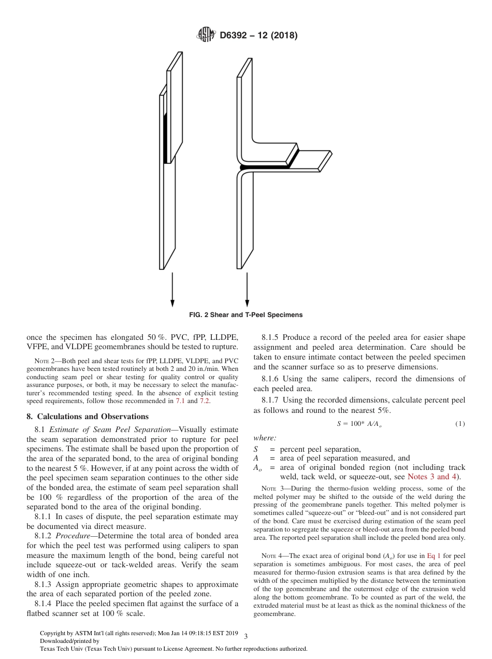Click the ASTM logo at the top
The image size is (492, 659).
point(207,35)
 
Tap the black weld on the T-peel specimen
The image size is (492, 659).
point(264,167)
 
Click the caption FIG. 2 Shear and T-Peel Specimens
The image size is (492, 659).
point(246,315)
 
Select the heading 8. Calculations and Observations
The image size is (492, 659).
point(88,417)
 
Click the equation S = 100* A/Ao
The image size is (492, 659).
point(359,424)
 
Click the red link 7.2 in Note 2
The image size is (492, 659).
point(205,401)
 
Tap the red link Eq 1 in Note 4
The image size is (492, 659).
point(431,555)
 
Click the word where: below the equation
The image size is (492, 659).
point(265,438)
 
